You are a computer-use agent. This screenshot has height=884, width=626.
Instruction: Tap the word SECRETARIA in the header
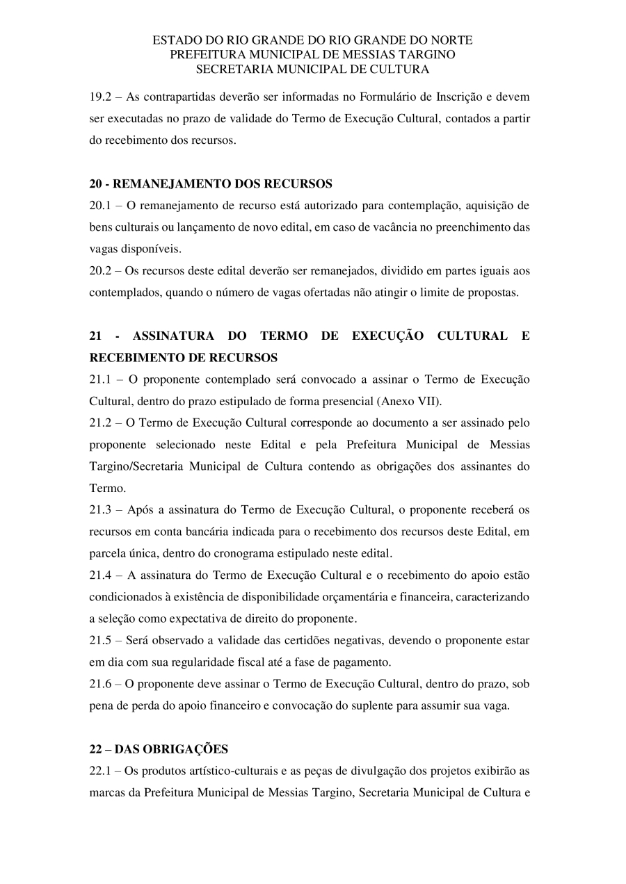(x=227, y=69)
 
